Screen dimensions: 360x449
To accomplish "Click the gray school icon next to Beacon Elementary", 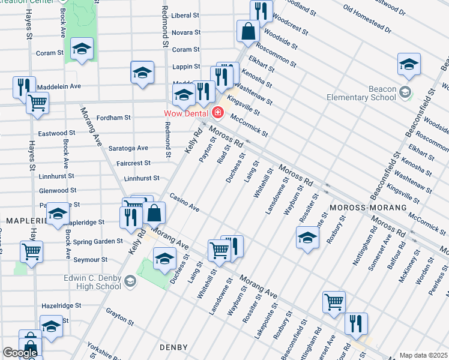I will click(405, 92).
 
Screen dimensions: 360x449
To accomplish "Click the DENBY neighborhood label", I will click(174, 347).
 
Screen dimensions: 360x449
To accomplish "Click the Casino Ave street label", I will click(184, 202).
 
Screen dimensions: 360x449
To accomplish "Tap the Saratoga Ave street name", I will click(128, 148).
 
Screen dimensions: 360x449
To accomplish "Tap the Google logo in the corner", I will click(19, 353).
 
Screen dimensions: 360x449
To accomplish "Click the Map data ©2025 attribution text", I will click(423, 355).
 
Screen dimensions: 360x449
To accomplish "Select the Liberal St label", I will click(185, 16).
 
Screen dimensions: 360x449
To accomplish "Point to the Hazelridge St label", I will click(61, 305).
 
